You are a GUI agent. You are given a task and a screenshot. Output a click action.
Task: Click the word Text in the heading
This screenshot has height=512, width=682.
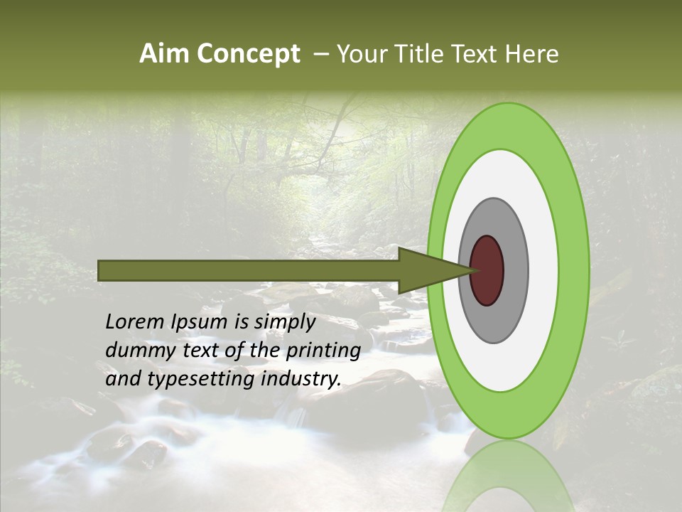coord(475,53)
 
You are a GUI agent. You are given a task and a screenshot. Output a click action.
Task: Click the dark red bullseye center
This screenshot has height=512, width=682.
coord(487,270)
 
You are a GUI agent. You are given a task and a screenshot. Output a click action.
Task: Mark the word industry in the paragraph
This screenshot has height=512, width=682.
coord(300,379)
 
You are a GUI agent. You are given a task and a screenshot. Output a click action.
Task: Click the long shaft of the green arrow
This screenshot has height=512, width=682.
coord(249,270)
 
